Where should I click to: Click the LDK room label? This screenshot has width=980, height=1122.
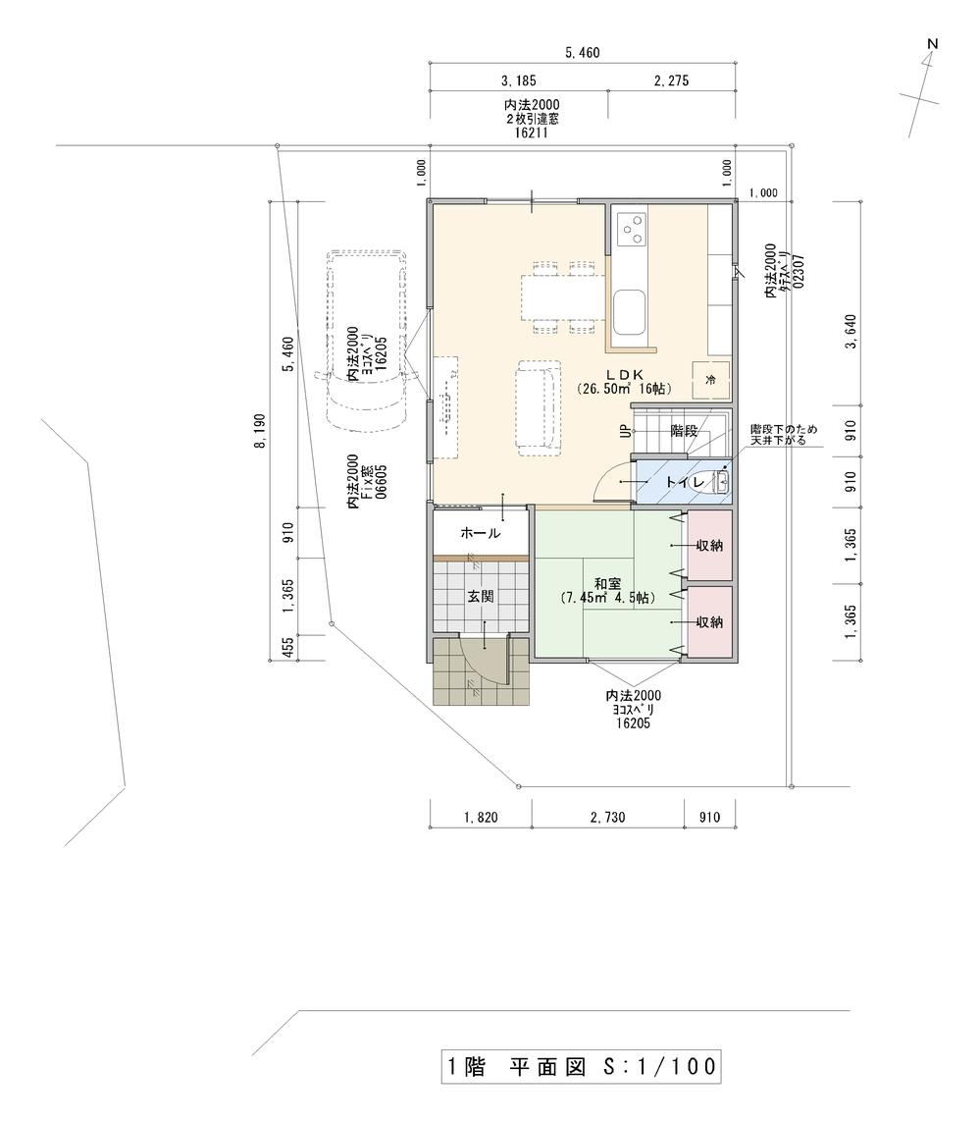click(x=626, y=374)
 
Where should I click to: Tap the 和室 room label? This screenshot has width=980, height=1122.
click(x=606, y=583)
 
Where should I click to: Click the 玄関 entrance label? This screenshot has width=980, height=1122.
click(x=481, y=596)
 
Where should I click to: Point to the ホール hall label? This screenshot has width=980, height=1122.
click(x=481, y=533)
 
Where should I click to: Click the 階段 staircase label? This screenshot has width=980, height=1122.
click(x=684, y=431)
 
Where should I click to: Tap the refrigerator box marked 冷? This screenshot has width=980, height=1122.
click(x=710, y=379)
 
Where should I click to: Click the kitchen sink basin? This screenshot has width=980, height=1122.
click(x=630, y=312)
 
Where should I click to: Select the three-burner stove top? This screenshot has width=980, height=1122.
click(x=630, y=229)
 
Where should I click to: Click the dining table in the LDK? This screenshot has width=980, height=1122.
click(x=559, y=297)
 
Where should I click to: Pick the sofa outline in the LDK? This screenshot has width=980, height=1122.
click(x=539, y=407)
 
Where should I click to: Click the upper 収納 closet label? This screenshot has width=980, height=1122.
click(x=709, y=545)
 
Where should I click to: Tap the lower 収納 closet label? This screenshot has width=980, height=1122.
click(x=709, y=621)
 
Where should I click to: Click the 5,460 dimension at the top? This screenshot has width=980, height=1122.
click(x=583, y=52)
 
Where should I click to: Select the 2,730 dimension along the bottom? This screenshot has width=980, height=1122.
click(x=607, y=817)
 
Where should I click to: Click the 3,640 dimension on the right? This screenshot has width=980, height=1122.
click(x=851, y=332)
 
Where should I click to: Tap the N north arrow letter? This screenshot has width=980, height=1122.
click(x=932, y=44)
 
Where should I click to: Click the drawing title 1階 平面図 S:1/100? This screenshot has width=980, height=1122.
click(x=581, y=1067)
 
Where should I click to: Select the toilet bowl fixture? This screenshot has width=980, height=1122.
click(x=706, y=482)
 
